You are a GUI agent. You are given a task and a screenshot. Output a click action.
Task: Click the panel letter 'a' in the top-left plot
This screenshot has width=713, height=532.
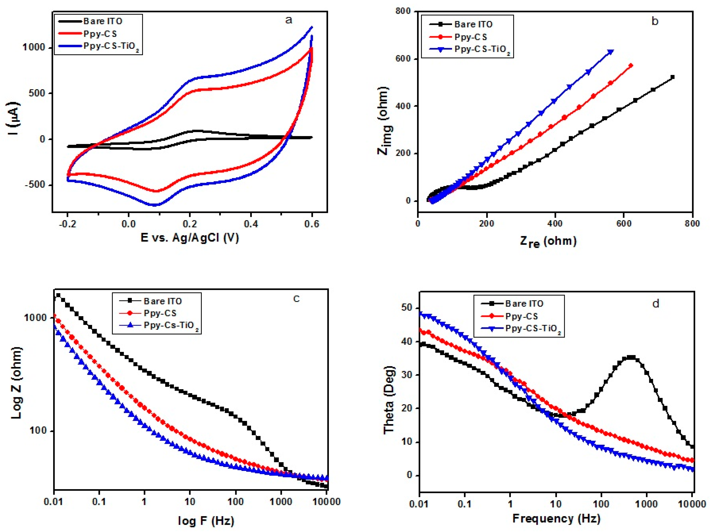pos(289,20)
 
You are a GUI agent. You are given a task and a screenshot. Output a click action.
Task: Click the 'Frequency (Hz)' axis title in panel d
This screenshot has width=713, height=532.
pos(556,518)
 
